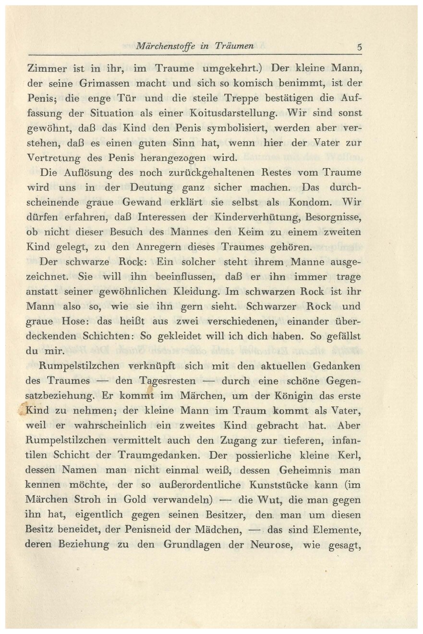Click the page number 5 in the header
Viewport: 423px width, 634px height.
pos(359,48)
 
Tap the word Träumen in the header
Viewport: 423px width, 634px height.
pos(234,47)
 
